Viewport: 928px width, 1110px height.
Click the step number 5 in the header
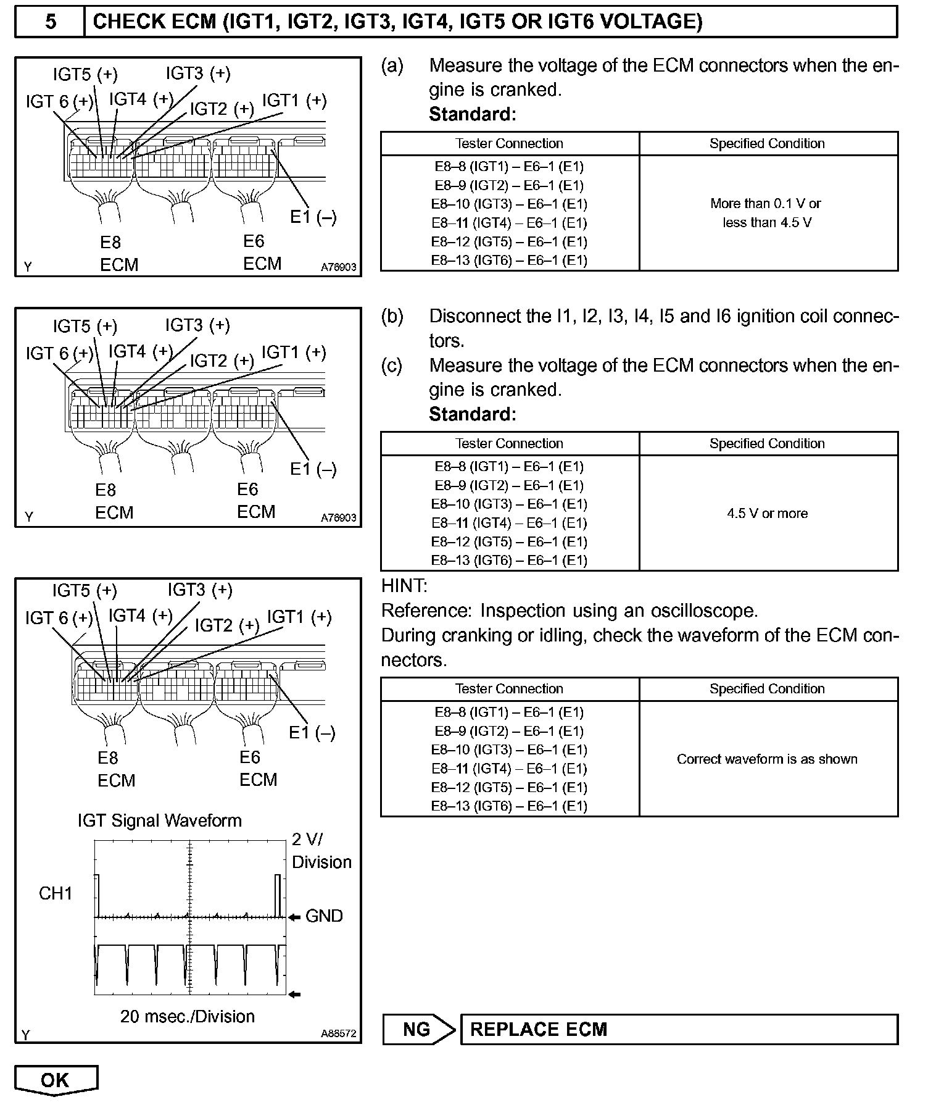click(50, 22)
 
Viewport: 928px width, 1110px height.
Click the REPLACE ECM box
click(679, 1029)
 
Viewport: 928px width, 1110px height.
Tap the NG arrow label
click(418, 1029)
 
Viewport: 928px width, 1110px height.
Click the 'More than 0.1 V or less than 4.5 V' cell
click(767, 213)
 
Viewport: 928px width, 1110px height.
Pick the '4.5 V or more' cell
click(767, 514)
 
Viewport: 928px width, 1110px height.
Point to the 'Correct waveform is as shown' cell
click(767, 759)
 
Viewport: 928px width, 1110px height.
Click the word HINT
click(404, 586)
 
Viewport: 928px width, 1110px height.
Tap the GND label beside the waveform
click(324, 916)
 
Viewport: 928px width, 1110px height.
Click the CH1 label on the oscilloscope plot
click(56, 893)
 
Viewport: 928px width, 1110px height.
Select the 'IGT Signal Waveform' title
click(159, 820)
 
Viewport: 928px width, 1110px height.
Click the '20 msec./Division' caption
click(187, 1016)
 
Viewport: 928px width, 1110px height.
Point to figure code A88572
click(338, 1033)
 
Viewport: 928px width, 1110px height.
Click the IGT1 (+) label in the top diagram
click(294, 101)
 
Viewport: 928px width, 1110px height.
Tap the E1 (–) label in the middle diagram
click(313, 469)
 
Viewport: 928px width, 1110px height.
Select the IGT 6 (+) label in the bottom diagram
click(59, 618)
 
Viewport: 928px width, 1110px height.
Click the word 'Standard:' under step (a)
click(472, 114)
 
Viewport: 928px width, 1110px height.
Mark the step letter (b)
click(392, 316)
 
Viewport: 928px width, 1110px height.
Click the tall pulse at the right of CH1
click(278, 895)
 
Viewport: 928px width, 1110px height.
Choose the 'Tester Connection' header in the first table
click(509, 144)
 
